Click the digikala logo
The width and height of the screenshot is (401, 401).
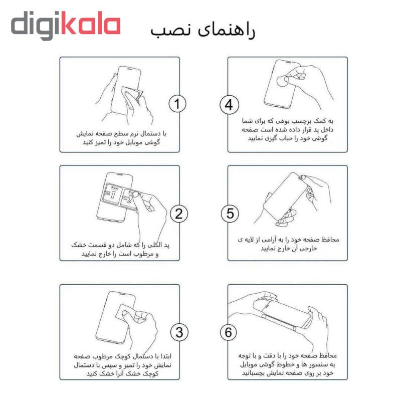(x=66, y=26)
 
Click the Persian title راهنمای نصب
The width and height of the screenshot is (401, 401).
(x=203, y=31)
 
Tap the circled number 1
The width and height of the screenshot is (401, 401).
(x=177, y=104)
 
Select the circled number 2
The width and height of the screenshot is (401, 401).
(x=179, y=214)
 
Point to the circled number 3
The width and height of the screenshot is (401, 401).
(x=179, y=332)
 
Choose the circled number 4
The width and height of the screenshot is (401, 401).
(x=229, y=105)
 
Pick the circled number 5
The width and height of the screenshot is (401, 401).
(x=230, y=214)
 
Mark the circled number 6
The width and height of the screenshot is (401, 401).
(x=229, y=332)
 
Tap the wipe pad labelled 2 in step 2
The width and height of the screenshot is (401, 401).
(x=129, y=199)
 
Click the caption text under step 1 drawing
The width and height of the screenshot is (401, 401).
(x=121, y=138)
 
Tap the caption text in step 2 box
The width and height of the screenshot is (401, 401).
(x=120, y=249)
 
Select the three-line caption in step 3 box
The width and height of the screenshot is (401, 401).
(x=122, y=365)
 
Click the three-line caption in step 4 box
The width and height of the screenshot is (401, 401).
(x=287, y=129)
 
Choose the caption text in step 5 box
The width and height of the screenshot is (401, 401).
(x=289, y=244)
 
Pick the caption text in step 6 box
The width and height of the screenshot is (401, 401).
(x=287, y=364)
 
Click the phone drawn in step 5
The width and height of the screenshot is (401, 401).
(x=285, y=196)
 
